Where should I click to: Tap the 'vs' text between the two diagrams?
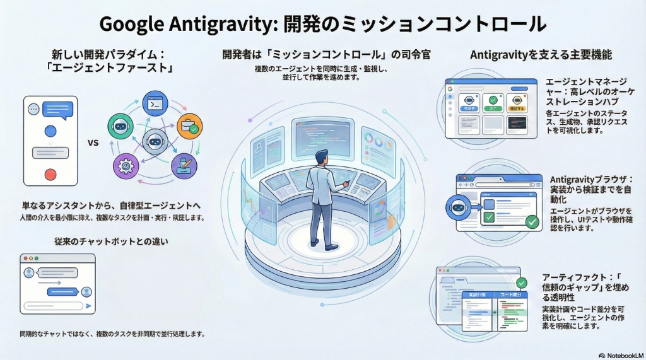tap(93, 142)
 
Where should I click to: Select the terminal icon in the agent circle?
tap(154, 103)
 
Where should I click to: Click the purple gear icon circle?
tap(124, 166)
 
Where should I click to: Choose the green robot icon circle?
tap(120, 126)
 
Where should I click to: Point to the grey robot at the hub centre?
tap(155, 142)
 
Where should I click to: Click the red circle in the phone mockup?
tap(50, 174)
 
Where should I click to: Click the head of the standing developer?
tap(322, 156)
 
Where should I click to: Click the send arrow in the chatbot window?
tap(90, 306)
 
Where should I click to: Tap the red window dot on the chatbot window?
tap(25, 259)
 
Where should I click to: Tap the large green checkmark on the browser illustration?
tap(532, 221)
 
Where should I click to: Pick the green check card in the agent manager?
tap(493, 103)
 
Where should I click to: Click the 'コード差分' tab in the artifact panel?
tap(510, 295)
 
